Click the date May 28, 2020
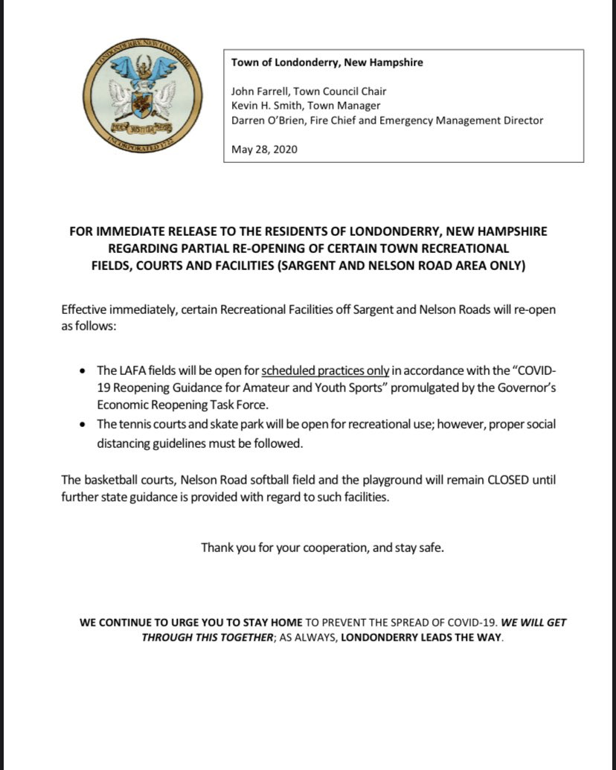tap(264, 149)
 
